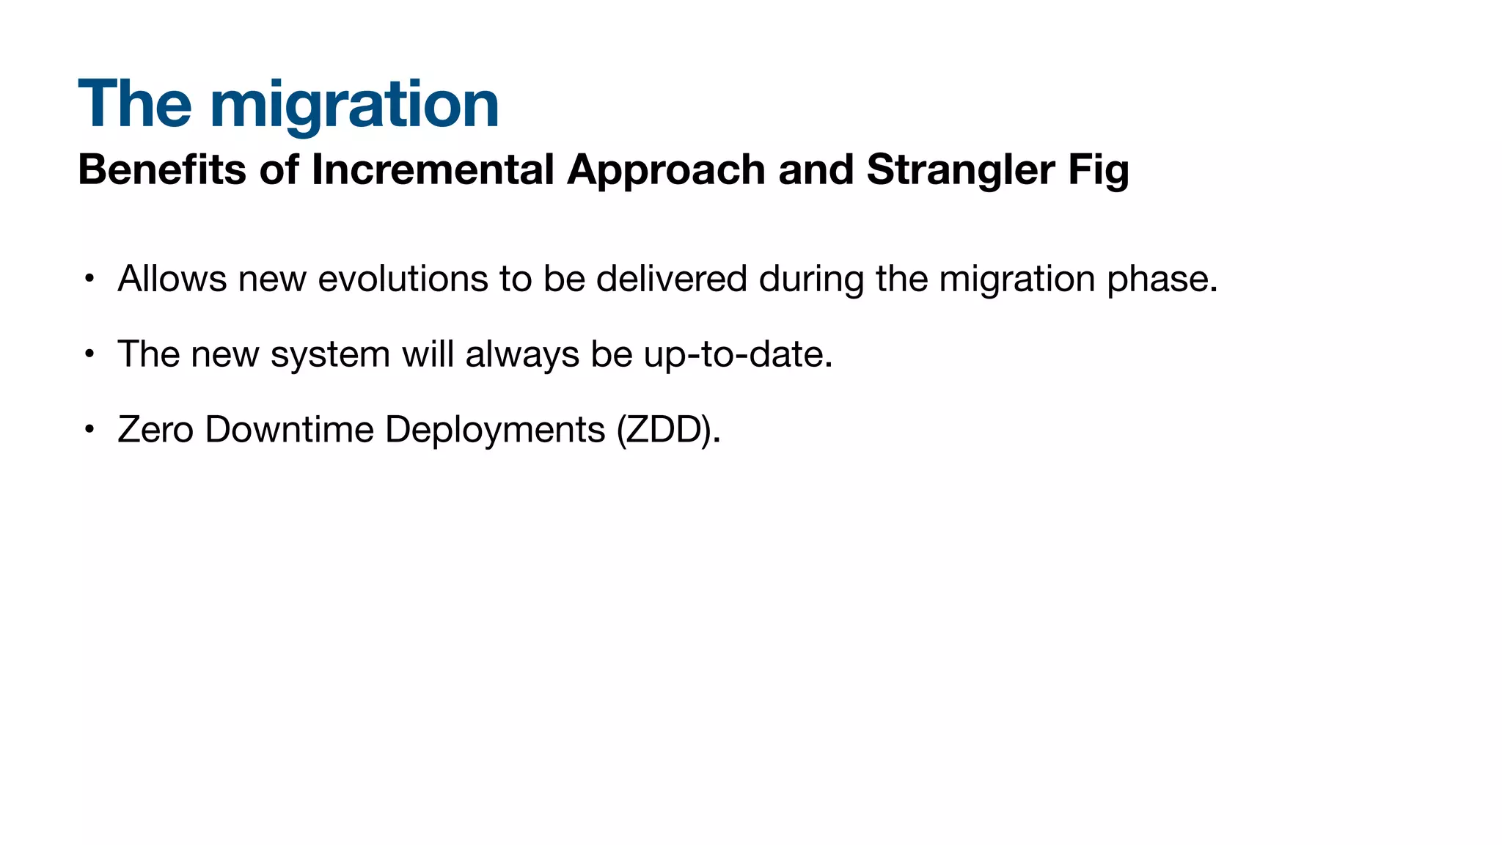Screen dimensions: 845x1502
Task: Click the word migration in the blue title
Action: [354, 106]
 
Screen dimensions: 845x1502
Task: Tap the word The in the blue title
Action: [135, 104]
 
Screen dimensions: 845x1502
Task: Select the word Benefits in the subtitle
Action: [162, 169]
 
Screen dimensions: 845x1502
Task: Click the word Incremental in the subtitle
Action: [433, 169]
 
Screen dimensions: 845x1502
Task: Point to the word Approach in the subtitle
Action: [666, 171]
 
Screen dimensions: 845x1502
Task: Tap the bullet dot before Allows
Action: [89, 279]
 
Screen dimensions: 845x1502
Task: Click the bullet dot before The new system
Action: [89, 354]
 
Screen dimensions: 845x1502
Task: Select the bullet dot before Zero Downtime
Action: [89, 429]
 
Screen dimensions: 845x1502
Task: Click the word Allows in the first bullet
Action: [172, 279]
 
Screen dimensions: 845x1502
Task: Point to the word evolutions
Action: [403, 279]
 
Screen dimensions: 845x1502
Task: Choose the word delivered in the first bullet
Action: [671, 279]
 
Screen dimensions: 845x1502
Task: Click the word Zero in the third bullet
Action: [155, 429]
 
